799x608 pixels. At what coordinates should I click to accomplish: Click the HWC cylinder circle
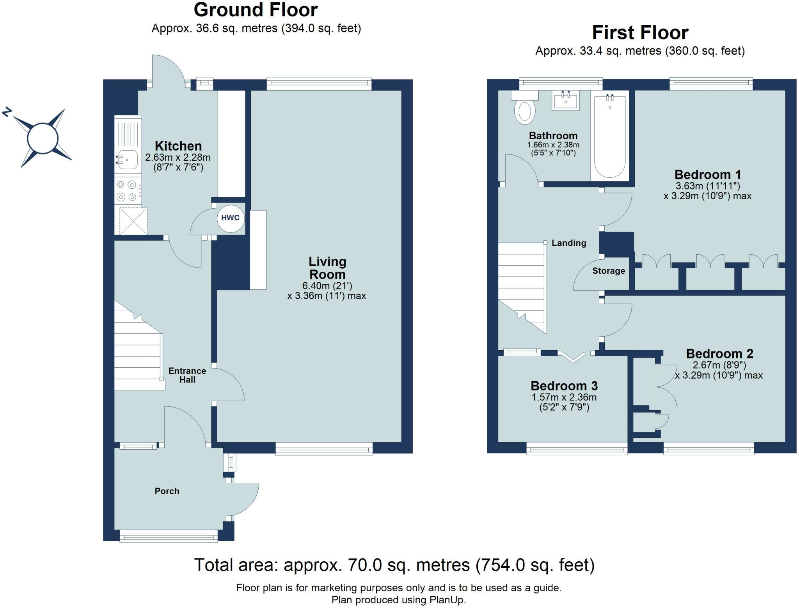click(231, 218)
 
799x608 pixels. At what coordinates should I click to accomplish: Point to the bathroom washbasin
click(566, 100)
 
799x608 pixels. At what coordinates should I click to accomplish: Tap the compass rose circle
click(43, 138)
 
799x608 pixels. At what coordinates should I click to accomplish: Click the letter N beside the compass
click(6, 112)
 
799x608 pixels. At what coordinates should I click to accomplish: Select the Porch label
click(167, 491)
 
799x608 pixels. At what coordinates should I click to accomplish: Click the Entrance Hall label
click(187, 375)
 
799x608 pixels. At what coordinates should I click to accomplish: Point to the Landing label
click(569, 243)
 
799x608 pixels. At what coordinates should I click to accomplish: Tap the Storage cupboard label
click(609, 271)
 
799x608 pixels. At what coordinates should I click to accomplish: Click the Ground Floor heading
click(256, 10)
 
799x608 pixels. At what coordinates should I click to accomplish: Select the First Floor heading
click(640, 32)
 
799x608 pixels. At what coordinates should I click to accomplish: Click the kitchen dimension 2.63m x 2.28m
click(178, 158)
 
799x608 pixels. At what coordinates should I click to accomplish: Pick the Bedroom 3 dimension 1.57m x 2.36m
click(564, 397)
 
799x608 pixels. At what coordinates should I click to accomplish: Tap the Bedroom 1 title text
click(708, 174)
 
